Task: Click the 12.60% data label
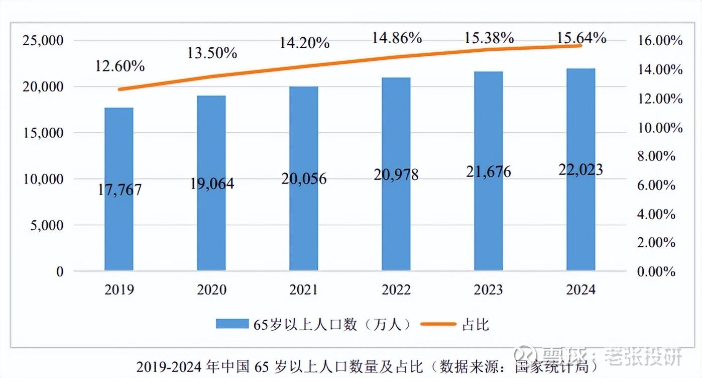[120, 66]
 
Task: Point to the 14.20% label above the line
[304, 43]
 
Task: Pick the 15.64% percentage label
[581, 38]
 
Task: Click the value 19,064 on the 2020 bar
[212, 183]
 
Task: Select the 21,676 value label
[488, 171]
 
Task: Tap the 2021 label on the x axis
[303, 290]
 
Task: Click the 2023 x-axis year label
[488, 290]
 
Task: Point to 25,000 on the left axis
[43, 41]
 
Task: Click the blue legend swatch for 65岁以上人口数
[232, 324]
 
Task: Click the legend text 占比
[475, 324]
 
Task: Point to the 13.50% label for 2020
[212, 52]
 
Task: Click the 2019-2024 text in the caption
[170, 366]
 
